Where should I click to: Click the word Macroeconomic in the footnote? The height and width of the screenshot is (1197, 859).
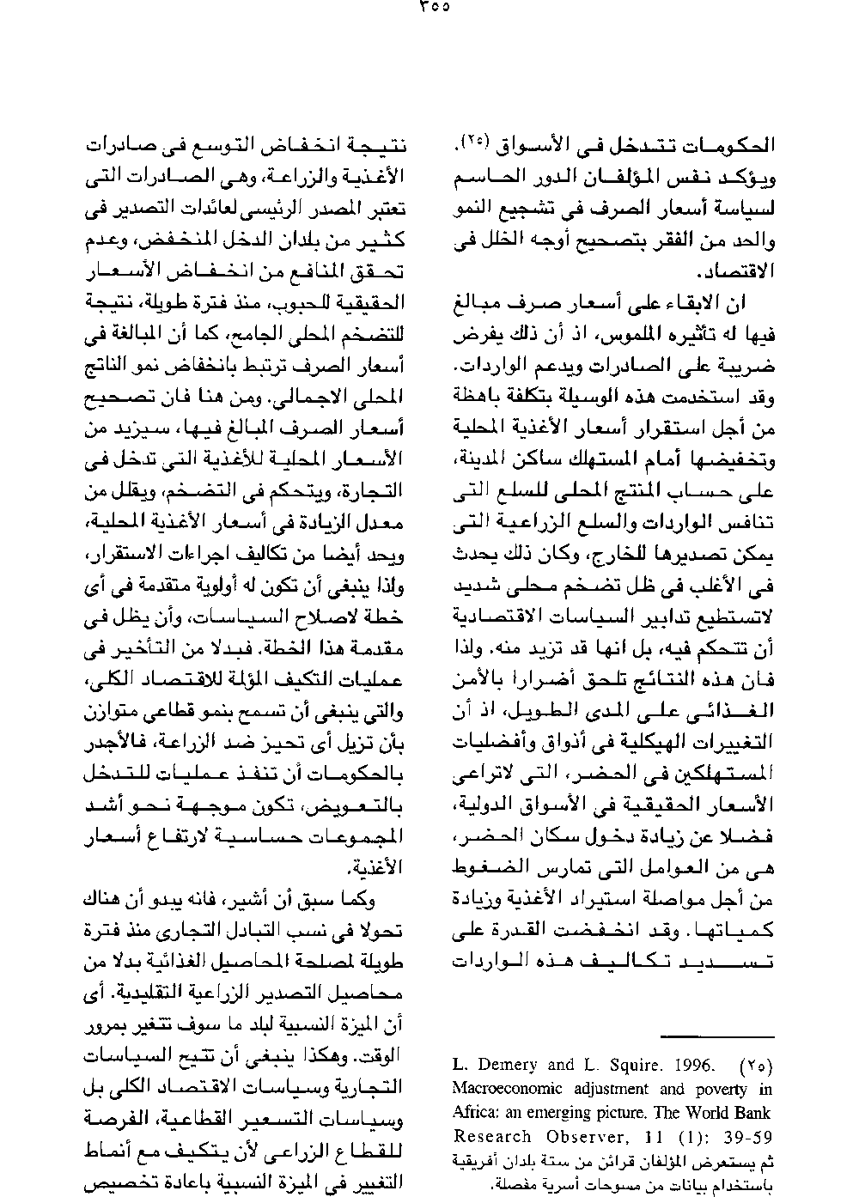click(507, 1089)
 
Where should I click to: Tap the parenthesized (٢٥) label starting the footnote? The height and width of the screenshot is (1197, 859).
click(756, 1066)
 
